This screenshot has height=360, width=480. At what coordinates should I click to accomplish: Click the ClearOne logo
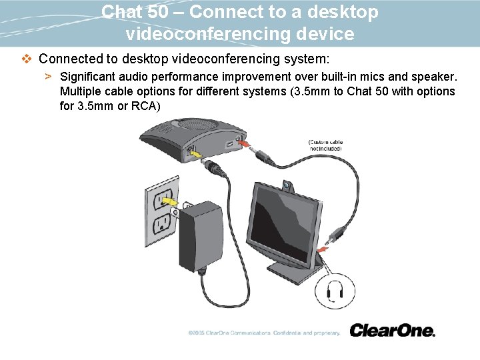pos(391,330)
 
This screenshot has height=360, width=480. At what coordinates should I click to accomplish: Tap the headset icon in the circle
pos(337,289)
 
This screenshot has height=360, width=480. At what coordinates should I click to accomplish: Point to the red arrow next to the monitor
pos(322,249)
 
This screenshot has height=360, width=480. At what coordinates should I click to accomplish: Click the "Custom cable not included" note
pos(325,145)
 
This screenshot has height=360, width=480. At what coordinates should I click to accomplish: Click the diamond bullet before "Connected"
pos(27,59)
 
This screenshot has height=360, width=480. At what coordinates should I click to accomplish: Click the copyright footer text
pos(264,332)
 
